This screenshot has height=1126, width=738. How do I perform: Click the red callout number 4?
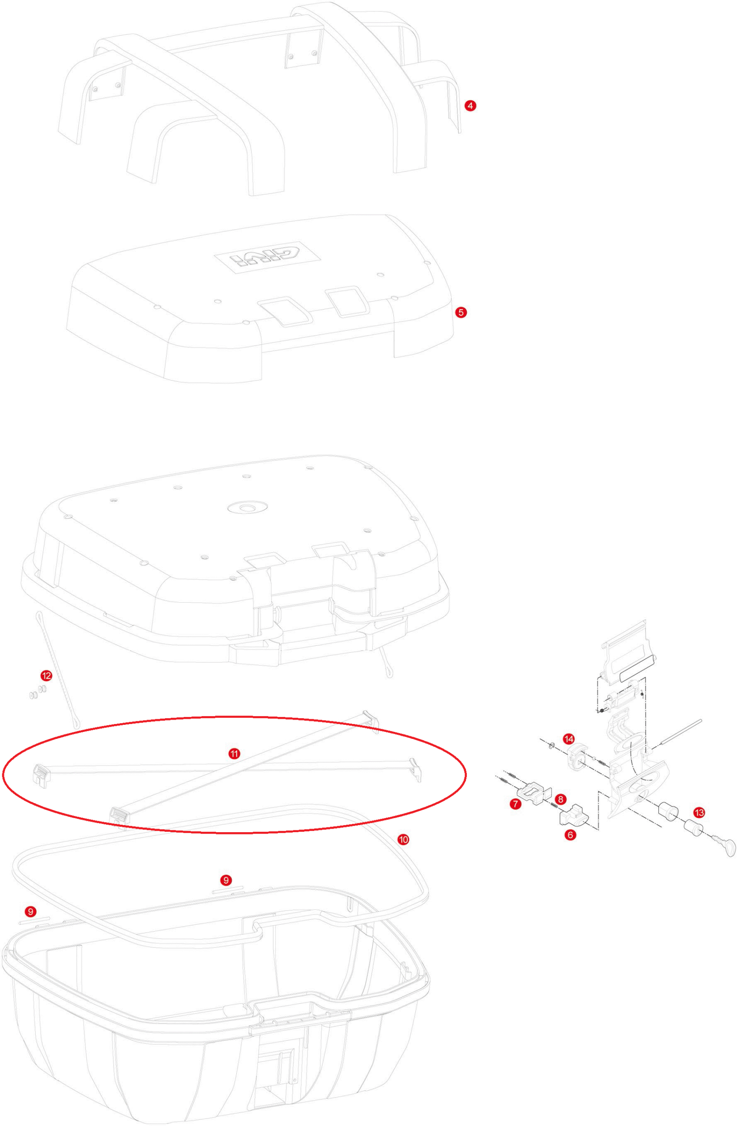pyautogui.click(x=470, y=106)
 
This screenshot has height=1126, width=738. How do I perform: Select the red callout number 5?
pyautogui.click(x=461, y=312)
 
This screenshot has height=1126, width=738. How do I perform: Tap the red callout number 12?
pyautogui.click(x=46, y=676)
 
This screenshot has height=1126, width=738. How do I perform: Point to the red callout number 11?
pyautogui.click(x=234, y=753)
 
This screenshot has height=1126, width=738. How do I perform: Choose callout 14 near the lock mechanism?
pyautogui.click(x=569, y=738)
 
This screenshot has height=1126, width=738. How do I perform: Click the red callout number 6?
pyautogui.click(x=570, y=835)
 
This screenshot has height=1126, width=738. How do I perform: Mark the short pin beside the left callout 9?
pyautogui.click(x=34, y=921)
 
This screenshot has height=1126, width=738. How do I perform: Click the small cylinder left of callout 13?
pyautogui.click(x=668, y=811)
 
